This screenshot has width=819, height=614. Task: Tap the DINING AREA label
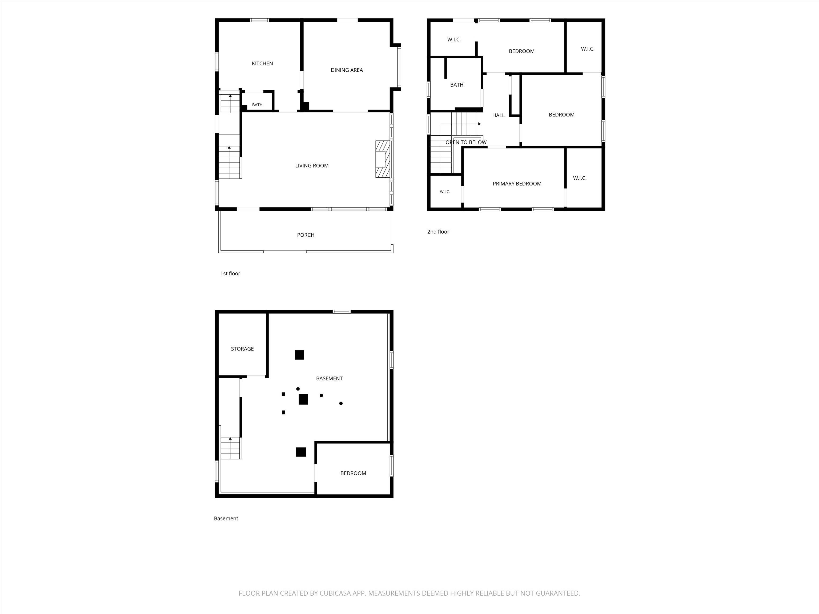click(347, 70)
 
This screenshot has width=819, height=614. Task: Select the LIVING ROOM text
click(312, 166)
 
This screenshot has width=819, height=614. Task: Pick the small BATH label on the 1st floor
click(257, 105)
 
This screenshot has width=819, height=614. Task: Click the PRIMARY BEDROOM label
click(517, 184)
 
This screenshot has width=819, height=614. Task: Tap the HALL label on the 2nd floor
click(498, 115)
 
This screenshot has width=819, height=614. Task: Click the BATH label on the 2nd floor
click(456, 85)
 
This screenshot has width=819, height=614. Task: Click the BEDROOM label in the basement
click(353, 473)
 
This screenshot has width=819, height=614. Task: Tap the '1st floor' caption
click(230, 273)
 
